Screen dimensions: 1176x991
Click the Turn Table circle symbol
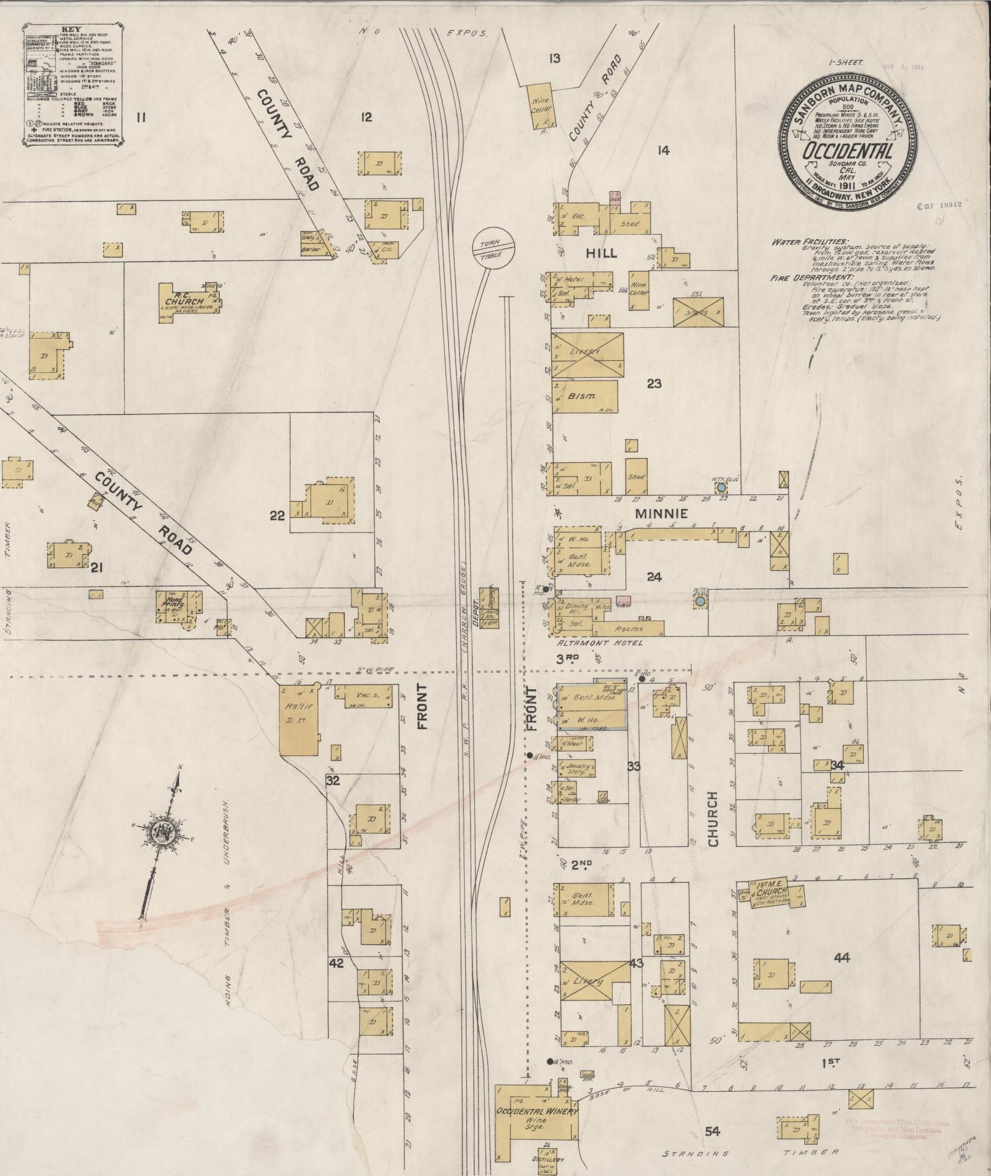coord(492,249)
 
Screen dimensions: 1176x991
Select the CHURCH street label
coord(713,820)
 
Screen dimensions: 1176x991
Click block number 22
coord(278,515)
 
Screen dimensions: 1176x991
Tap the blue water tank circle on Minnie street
coord(721,487)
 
